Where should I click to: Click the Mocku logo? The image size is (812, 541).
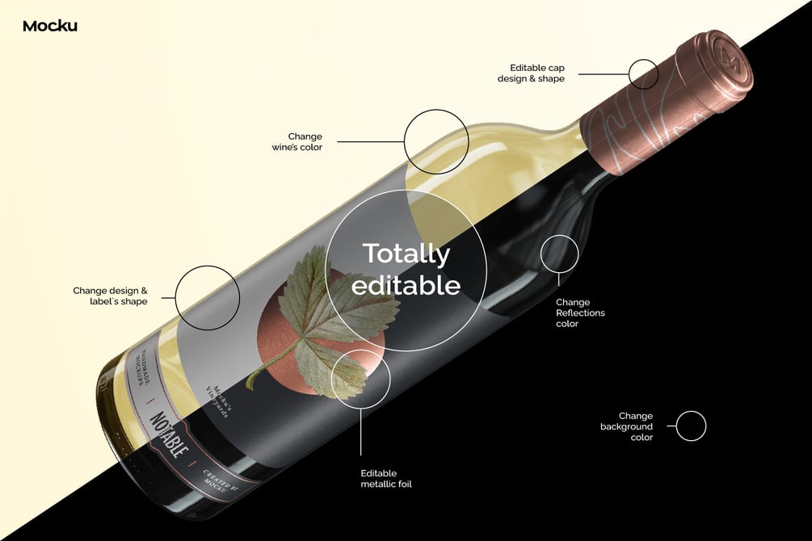[x=50, y=26]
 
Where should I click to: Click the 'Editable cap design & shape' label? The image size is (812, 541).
[x=537, y=73]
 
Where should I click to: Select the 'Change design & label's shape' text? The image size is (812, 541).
[x=110, y=296]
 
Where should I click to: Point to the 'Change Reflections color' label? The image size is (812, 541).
[x=580, y=312]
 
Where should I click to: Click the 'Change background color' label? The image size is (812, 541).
[x=626, y=426]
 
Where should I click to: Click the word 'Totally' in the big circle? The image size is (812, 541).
[x=406, y=254]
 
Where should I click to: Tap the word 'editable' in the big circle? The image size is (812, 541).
[x=406, y=285]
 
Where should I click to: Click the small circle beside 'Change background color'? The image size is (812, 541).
[x=691, y=426]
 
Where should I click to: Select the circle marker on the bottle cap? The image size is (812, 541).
[x=644, y=73]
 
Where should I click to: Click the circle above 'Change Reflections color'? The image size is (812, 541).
[x=559, y=254]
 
